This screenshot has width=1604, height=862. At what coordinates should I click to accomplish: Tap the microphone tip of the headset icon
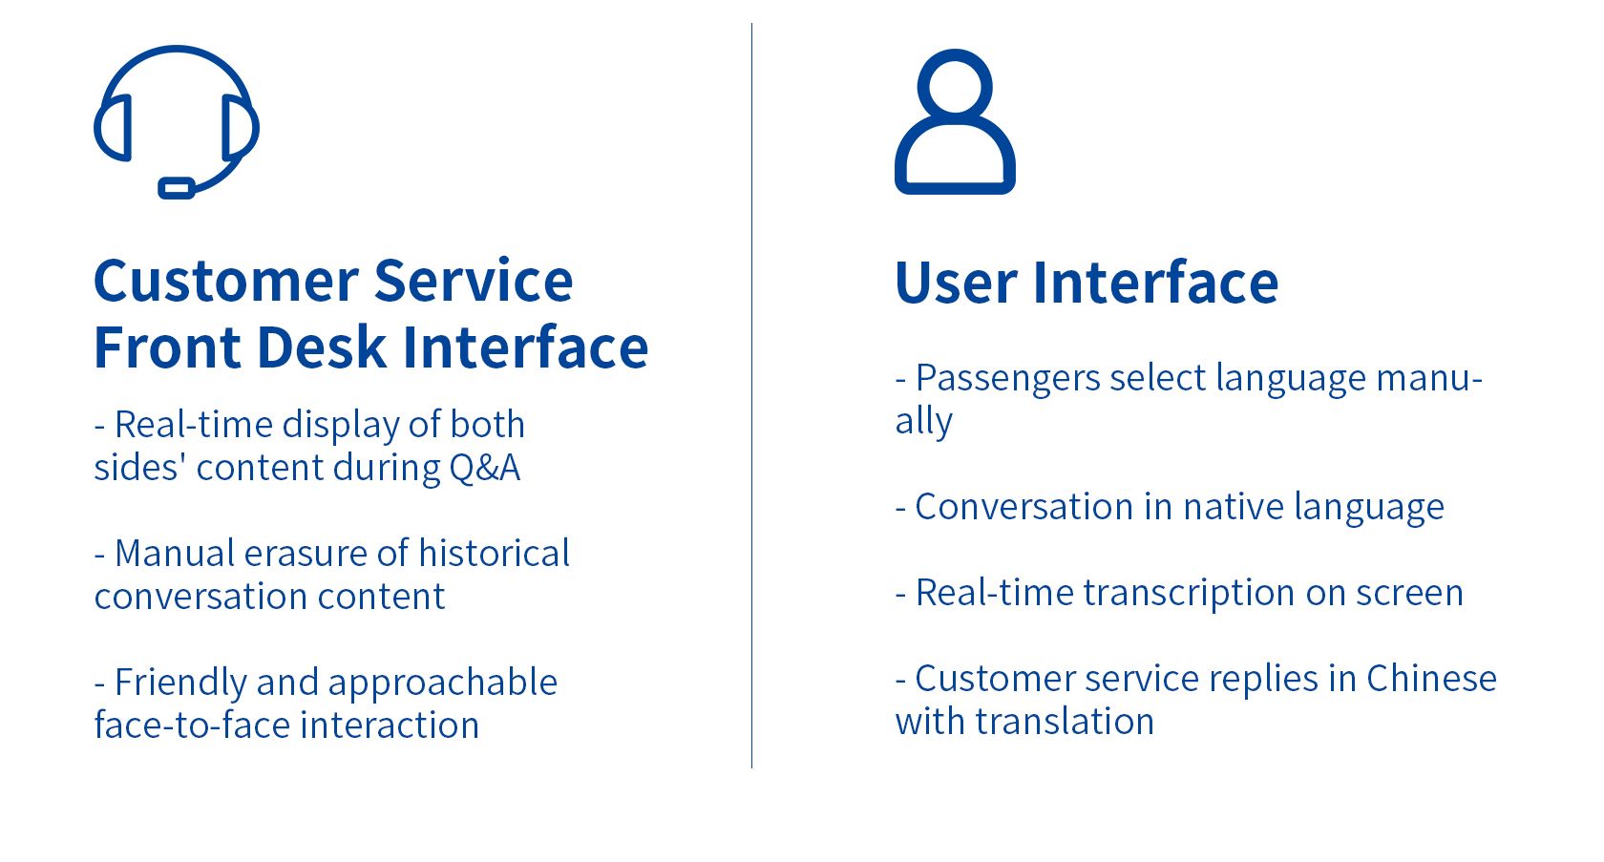176,188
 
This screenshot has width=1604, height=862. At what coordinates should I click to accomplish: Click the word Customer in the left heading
225,281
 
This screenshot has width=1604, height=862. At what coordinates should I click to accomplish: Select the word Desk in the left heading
321,347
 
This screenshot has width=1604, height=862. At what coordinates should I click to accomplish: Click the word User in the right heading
955,283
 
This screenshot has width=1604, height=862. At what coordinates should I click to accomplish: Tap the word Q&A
484,468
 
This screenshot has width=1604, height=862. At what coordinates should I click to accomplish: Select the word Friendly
180,683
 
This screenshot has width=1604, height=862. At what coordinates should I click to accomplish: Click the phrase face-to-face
191,725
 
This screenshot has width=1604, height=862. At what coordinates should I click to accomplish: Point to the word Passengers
1007,379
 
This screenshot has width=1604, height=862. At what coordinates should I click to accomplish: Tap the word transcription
1189,594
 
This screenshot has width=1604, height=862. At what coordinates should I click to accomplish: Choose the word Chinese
1431,679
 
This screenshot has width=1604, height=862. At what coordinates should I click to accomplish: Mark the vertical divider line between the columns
752,395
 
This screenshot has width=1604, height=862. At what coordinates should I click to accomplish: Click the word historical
495,554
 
